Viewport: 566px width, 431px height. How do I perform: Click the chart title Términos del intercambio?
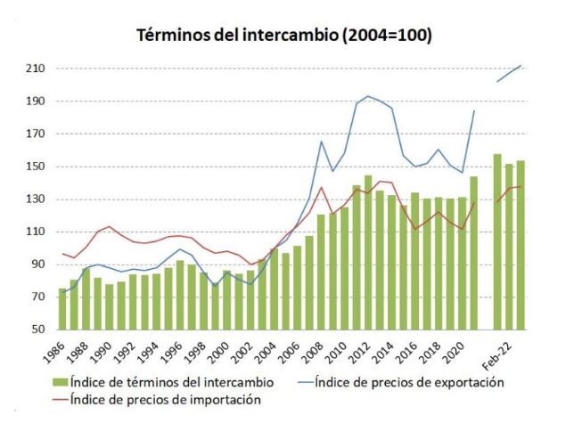point(283,36)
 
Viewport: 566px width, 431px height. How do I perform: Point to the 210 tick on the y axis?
point(34,69)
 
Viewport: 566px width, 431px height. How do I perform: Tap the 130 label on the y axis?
point(34,199)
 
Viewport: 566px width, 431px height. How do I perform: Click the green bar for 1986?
point(62,309)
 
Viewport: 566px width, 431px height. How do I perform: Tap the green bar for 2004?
point(275,289)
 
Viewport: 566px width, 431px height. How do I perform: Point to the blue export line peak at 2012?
point(368,96)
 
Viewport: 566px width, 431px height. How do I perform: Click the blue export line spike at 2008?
point(321,141)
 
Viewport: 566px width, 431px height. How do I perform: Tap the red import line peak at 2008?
point(321,187)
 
